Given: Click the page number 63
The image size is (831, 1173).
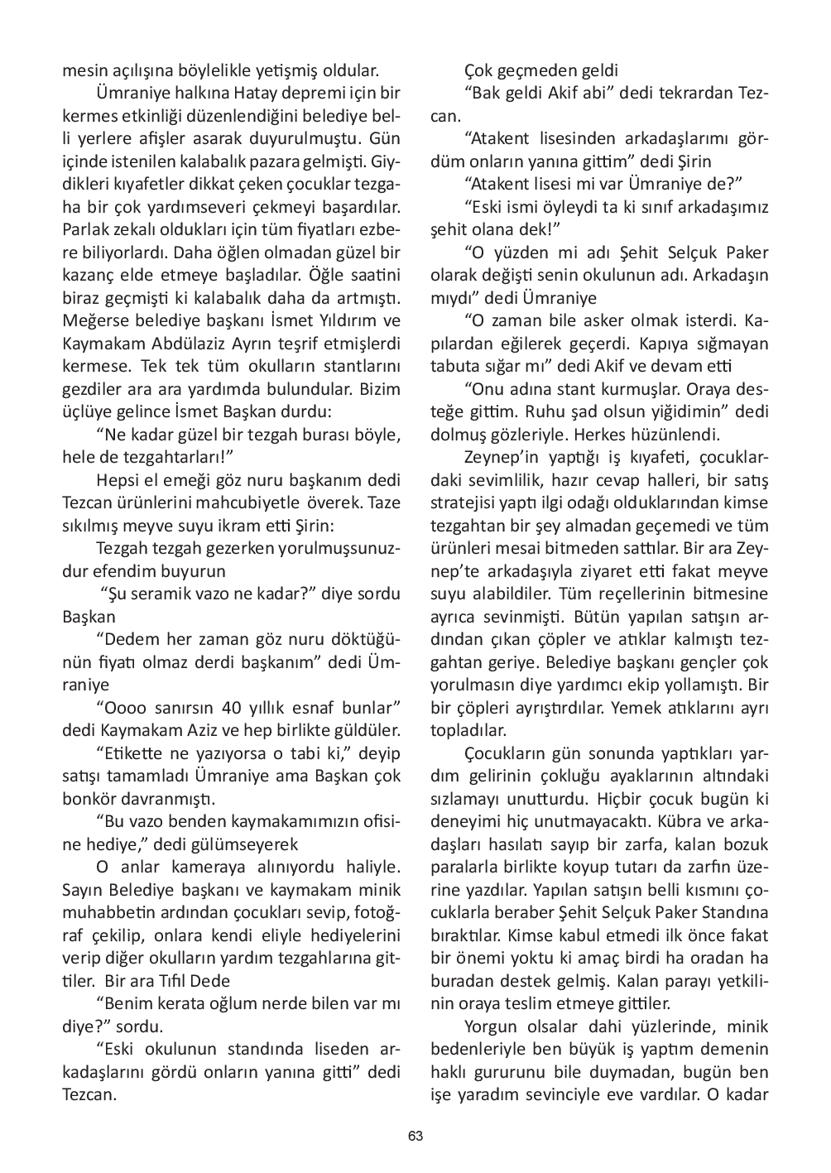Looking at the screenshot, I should pyautogui.click(x=415, y=1136).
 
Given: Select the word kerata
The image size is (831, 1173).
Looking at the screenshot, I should pyautogui.click(x=173, y=1005).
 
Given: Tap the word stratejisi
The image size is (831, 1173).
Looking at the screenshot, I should pyautogui.click(x=468, y=502).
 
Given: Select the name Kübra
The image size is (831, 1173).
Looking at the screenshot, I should pyautogui.click(x=684, y=822).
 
